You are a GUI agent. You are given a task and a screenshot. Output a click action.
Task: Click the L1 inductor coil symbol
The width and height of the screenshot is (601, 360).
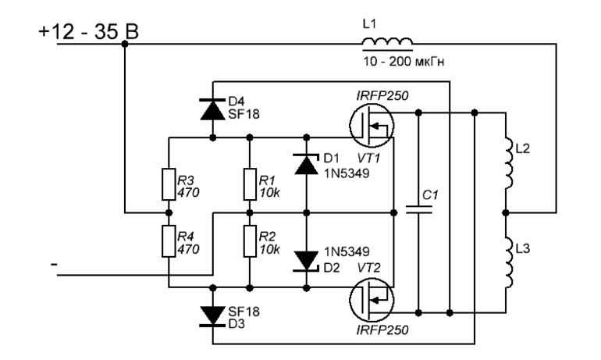[387, 42]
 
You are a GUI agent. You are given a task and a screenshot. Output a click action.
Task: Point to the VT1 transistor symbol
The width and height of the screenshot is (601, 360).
[370, 126]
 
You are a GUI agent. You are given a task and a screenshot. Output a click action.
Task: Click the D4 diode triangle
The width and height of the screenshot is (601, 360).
[212, 109]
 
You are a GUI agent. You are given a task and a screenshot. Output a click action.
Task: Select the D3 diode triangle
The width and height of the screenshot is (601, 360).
[212, 315]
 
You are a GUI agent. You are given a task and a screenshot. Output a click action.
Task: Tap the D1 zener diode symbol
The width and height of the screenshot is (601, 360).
[305, 163]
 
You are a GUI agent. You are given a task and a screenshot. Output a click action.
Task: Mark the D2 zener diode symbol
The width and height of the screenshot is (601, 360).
[305, 260]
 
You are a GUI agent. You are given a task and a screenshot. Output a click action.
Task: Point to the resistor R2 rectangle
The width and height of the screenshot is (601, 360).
[248, 241]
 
